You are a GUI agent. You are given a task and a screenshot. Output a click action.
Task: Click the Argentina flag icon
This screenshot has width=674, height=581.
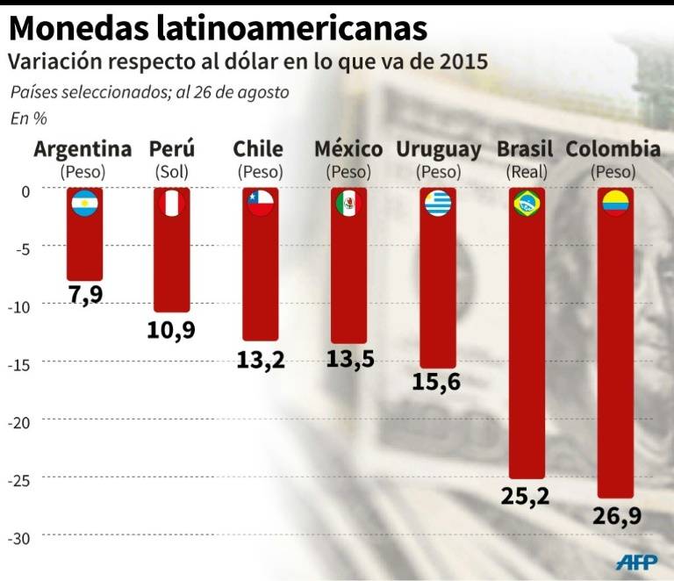click(x=85, y=204)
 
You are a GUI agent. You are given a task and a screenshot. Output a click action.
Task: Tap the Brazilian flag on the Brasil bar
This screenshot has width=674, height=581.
click(x=527, y=204)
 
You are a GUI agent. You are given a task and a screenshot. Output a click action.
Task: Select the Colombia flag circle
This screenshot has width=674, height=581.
click(x=614, y=204)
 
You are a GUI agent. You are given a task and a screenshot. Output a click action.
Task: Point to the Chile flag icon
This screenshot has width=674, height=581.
click(x=260, y=204)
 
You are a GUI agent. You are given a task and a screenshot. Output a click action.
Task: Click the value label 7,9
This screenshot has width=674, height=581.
click(x=86, y=294)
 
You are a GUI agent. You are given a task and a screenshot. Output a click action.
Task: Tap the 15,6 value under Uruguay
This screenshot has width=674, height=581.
click(x=435, y=384)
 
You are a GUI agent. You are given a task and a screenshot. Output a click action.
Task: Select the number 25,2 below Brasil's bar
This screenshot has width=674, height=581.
click(x=526, y=496)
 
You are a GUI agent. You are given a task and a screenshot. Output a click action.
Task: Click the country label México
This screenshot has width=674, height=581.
click(x=348, y=149)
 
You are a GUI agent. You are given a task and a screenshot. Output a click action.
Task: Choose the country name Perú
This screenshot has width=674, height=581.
click(x=172, y=149)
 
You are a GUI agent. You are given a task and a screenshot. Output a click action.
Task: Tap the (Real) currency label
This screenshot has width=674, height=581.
click(x=525, y=172)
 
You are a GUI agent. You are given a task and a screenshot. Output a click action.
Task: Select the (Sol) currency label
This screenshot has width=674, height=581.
click(x=172, y=172)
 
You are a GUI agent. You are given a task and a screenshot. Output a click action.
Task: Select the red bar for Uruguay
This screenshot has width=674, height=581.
click(x=436, y=290)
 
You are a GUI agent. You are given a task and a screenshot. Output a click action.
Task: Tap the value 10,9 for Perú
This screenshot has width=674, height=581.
click(x=171, y=330)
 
